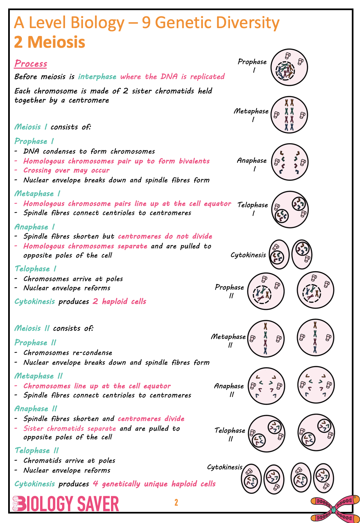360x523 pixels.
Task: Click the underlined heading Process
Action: coord(31,63)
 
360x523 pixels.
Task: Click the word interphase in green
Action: coord(97,76)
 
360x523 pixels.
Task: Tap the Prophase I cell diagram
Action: coord(289,67)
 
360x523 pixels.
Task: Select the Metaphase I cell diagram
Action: coord(289,115)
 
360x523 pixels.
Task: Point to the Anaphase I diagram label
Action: coord(252,164)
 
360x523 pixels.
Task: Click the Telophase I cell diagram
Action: coord(290,210)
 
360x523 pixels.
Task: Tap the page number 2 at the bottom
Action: coord(176,502)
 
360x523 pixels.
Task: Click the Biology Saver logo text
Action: coord(66,504)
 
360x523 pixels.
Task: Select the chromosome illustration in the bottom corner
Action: coord(335,509)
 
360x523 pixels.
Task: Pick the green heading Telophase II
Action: coord(37,450)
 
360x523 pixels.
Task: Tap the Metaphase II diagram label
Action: coord(228,340)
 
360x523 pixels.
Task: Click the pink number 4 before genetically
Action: coord(95,483)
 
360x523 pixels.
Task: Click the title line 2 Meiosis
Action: coord(50,42)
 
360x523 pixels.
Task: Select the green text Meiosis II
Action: coord(32,328)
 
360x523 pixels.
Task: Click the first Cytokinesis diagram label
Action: coord(248,255)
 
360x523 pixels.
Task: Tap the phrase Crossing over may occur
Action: coord(66,170)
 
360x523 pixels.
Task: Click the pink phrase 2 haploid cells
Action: coord(119,301)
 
